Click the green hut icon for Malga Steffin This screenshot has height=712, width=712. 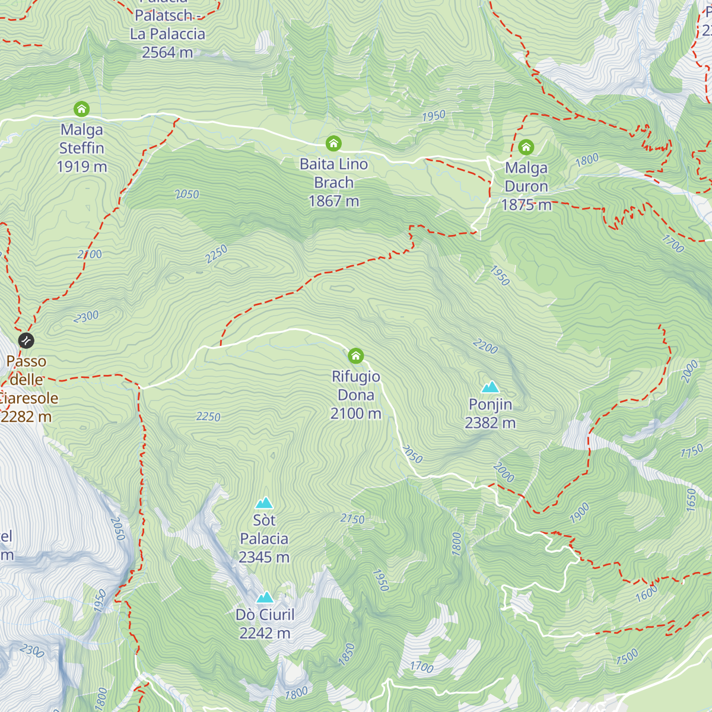[81, 109]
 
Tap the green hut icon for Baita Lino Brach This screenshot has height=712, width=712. [333, 143]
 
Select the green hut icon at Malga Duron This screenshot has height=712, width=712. [526, 147]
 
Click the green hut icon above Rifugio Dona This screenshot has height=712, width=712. [355, 356]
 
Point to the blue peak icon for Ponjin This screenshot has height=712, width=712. [490, 387]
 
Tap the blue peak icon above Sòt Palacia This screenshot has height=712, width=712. [264, 503]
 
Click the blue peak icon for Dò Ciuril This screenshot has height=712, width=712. [265, 597]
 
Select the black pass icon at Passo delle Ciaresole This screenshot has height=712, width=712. [26, 341]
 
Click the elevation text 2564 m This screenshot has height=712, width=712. [167, 53]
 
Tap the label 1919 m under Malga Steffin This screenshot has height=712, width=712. [82, 167]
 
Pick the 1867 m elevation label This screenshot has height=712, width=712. [333, 202]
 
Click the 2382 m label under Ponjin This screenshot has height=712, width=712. [490, 423]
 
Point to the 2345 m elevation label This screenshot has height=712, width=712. [264, 557]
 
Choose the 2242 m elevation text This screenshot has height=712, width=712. [265, 634]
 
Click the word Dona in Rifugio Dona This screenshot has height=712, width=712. [355, 395]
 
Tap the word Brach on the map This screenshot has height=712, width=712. [333, 183]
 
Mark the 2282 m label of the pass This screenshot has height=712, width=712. [26, 417]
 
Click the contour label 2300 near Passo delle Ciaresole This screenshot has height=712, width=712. [87, 317]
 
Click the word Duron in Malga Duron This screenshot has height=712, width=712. [526, 186]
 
